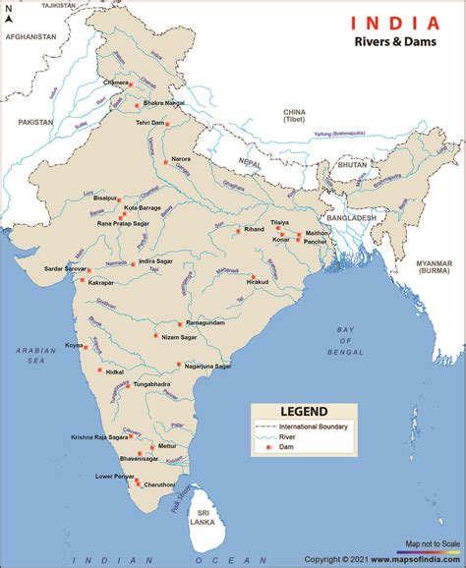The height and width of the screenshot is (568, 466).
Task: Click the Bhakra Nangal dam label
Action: coord(164,101)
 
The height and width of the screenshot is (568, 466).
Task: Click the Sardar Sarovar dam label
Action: coord(65,268)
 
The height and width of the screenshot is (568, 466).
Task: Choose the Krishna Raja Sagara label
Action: coord(99,436)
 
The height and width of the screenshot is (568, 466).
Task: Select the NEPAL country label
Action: coord(252,163)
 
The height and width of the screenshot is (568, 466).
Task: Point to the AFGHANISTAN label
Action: coord(29,37)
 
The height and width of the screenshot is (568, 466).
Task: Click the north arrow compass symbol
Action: coord(9,14)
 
